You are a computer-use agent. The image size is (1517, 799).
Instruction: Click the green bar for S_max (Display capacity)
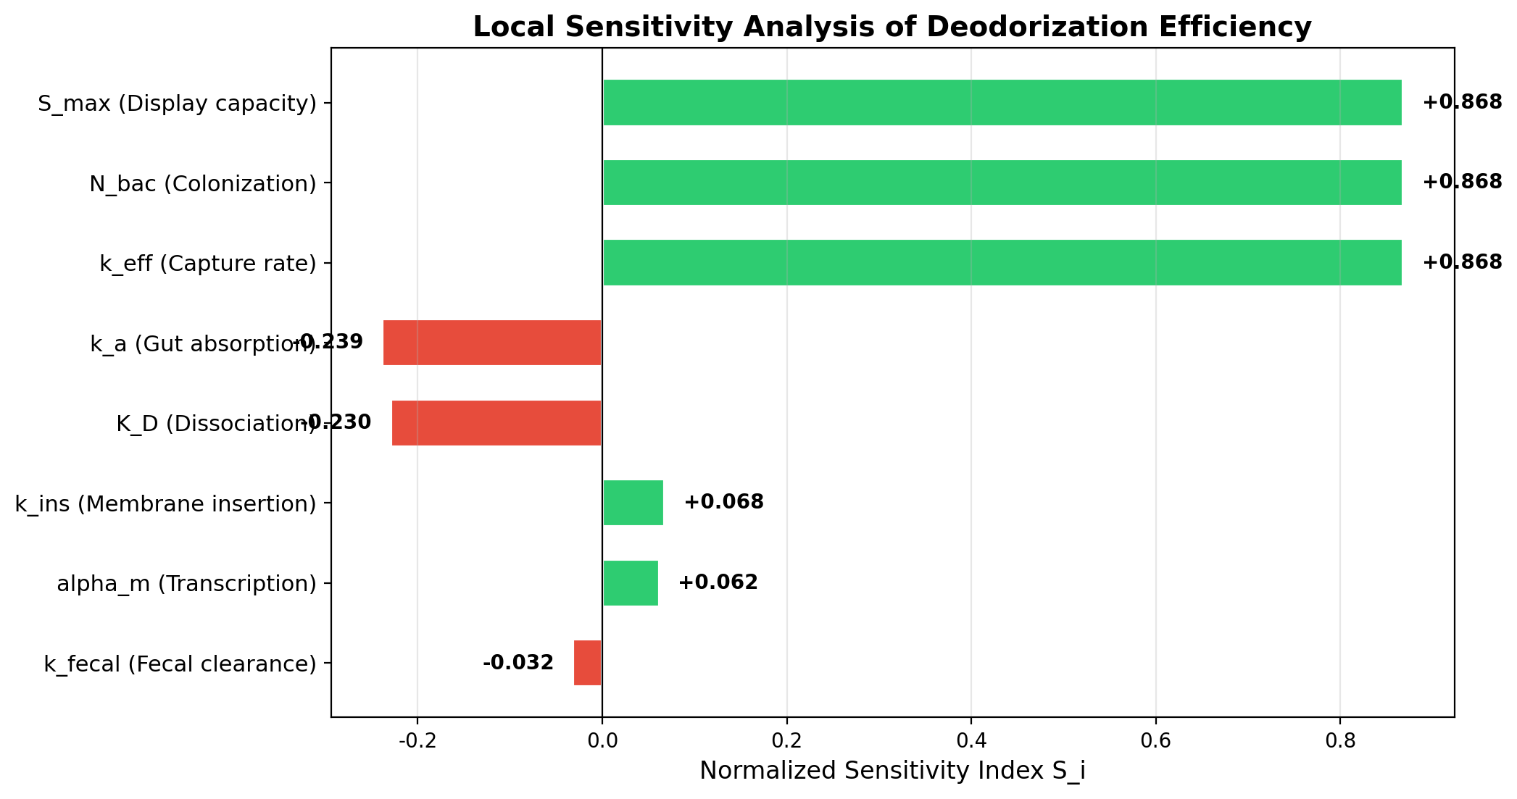[x=1002, y=103]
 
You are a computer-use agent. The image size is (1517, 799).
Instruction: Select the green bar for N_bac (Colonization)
[x=1002, y=183]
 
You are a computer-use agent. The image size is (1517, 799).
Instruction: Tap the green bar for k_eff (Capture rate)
[x=1002, y=262]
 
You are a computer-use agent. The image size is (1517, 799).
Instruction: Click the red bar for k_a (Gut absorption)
[x=492, y=343]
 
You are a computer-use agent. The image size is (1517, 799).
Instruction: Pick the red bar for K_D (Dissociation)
[x=496, y=422]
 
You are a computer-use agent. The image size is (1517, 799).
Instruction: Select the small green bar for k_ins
[x=633, y=503]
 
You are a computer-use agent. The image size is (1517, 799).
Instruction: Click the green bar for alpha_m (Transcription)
[x=631, y=582]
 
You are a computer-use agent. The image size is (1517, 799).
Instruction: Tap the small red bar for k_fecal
[x=587, y=663]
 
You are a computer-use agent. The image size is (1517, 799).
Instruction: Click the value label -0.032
[x=518, y=663]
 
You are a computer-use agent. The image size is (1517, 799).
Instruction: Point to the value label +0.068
[x=723, y=502]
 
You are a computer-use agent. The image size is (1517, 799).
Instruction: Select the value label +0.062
[x=718, y=582]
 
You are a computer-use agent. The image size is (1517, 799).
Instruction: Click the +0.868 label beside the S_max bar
[x=1462, y=103]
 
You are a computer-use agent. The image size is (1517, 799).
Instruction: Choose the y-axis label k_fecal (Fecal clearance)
[x=180, y=664]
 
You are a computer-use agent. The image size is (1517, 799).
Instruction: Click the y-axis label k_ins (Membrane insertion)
[x=165, y=503]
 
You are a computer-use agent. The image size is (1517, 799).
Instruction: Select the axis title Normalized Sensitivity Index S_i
[x=892, y=771]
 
